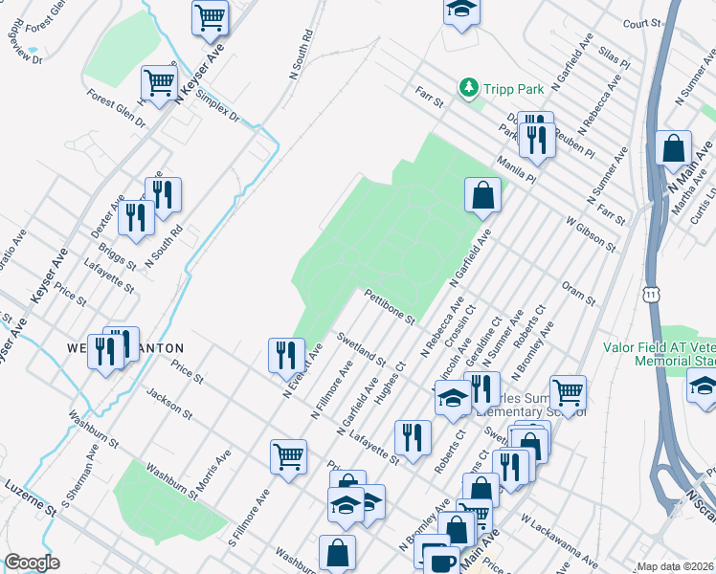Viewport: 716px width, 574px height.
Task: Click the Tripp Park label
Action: pyautogui.click(x=513, y=89)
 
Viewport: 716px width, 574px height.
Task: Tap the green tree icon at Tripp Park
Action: pyautogui.click(x=468, y=89)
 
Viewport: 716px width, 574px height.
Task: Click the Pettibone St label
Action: pyautogui.click(x=389, y=306)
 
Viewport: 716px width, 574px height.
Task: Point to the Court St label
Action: pyautogui.click(x=641, y=23)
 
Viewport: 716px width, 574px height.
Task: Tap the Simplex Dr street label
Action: pyautogui.click(x=215, y=106)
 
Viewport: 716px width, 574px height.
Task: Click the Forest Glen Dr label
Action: pyautogui.click(x=114, y=109)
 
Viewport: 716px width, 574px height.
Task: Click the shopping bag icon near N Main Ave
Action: pyautogui.click(x=674, y=148)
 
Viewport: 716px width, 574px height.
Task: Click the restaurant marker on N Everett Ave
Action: pyautogui.click(x=284, y=355)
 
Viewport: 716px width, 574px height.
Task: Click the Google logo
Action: pyautogui.click(x=31, y=563)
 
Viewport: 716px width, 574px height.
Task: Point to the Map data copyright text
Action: pyautogui.click(x=676, y=566)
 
